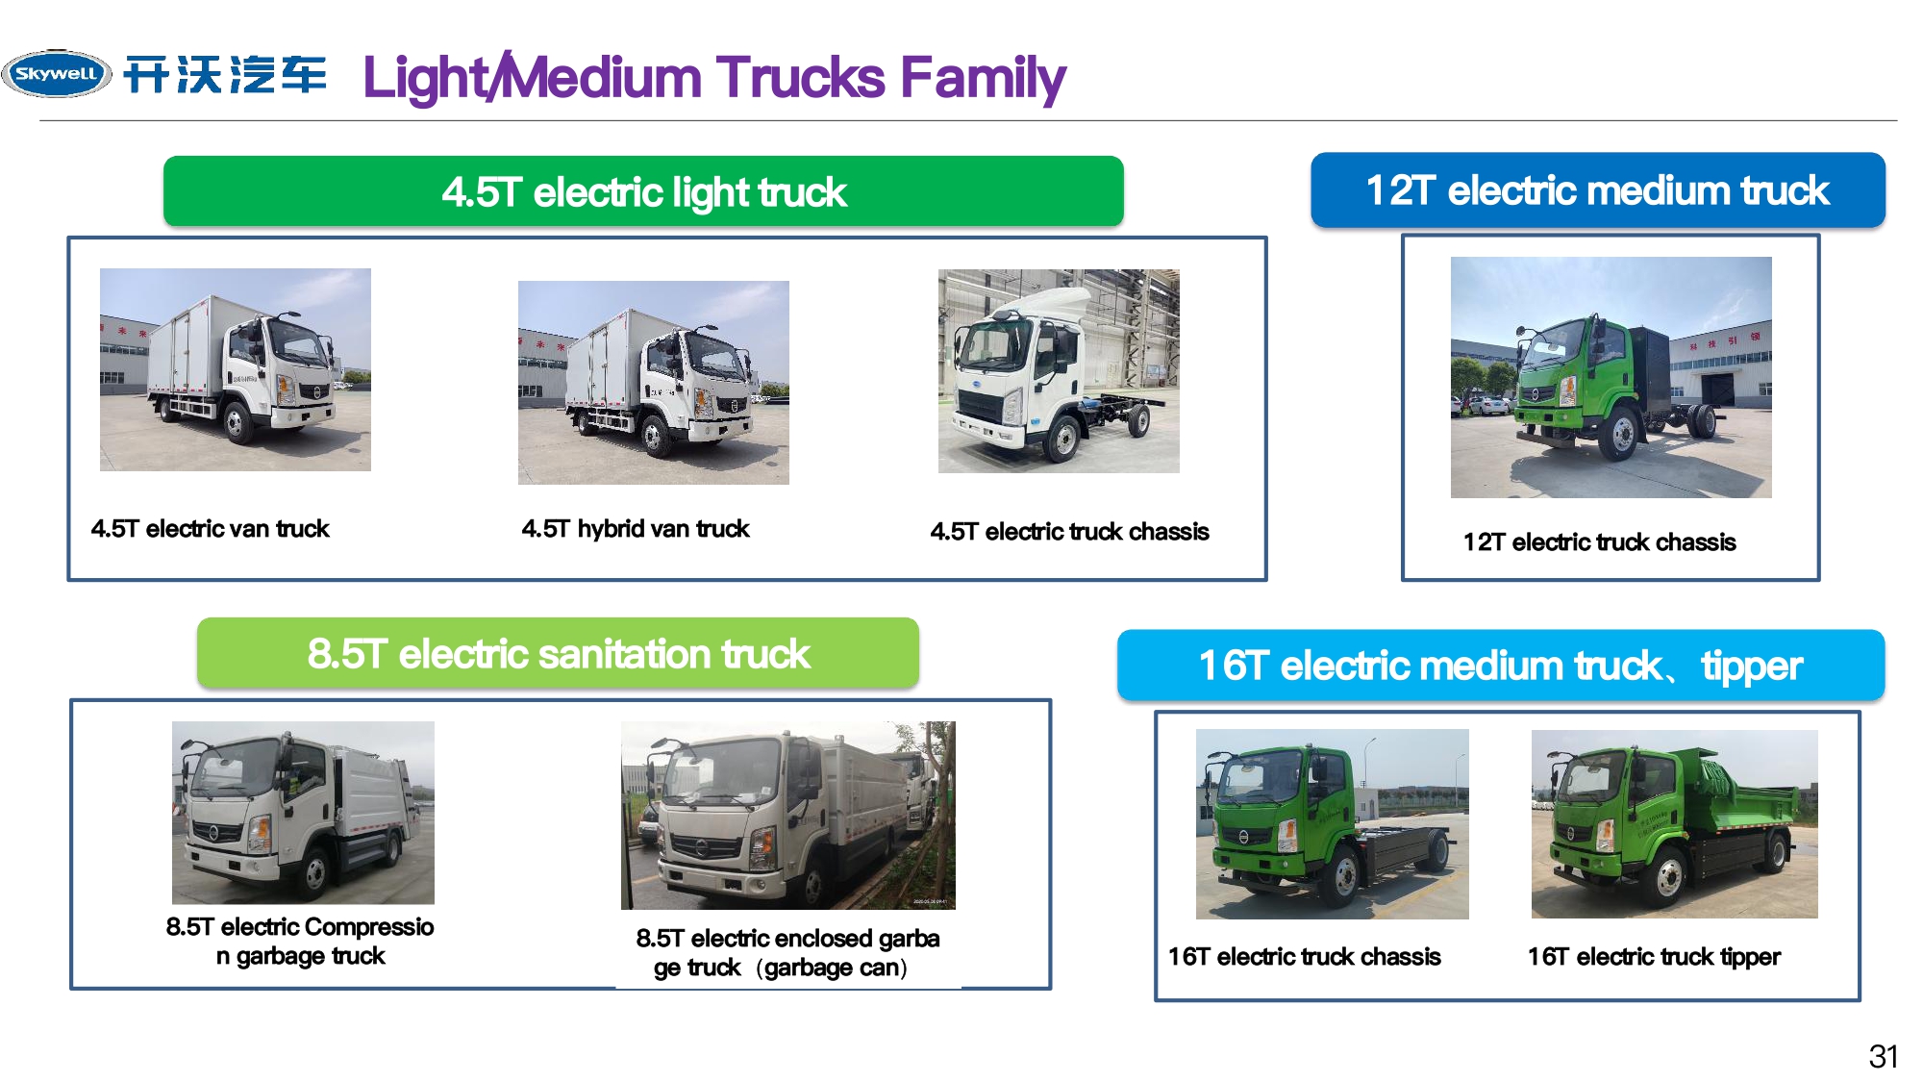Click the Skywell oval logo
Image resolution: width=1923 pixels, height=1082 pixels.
(x=57, y=74)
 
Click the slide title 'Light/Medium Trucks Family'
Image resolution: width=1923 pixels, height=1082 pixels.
(x=714, y=78)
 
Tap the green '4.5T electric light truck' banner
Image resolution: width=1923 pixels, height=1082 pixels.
(x=643, y=191)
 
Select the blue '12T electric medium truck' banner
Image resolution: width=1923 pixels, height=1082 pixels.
(x=1598, y=189)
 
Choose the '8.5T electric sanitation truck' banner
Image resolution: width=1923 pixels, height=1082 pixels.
(x=558, y=653)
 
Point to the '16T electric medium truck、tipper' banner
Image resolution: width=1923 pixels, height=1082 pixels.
(x=1501, y=665)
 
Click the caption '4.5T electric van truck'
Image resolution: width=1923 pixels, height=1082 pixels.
(x=210, y=528)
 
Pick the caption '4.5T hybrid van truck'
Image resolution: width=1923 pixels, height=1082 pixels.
(x=636, y=528)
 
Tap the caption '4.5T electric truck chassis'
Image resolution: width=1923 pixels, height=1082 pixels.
(x=1069, y=531)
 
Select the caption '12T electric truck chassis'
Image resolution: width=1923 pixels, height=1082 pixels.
(x=1600, y=541)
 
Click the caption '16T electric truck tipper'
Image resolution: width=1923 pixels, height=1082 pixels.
(x=1654, y=956)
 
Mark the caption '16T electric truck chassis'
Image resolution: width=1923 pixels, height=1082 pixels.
(x=1305, y=956)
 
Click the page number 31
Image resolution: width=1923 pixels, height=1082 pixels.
(x=1884, y=1056)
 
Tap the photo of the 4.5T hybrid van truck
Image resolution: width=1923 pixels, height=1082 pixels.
(x=654, y=383)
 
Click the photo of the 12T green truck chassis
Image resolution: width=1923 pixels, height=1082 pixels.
(x=1611, y=377)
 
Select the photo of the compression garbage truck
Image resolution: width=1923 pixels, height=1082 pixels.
(x=303, y=813)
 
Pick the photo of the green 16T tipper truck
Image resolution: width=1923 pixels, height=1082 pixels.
(x=1675, y=824)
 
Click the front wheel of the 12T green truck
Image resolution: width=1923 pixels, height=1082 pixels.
(x=1622, y=434)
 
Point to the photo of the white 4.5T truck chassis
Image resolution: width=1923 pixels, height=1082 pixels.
(x=1059, y=371)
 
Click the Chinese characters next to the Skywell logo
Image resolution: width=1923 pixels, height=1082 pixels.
(x=226, y=74)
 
